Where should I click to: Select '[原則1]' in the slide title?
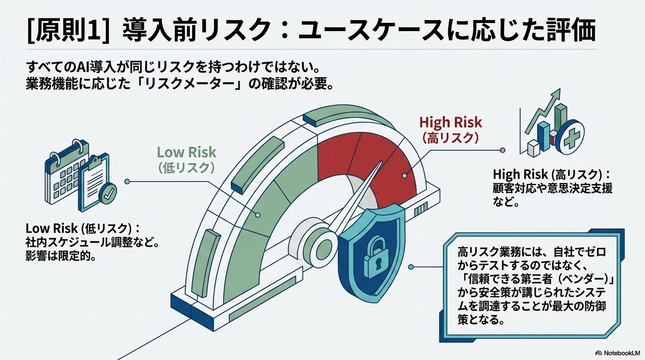tap(68, 30)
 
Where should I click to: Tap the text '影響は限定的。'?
tap(61, 256)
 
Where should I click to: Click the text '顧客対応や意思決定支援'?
tap(553, 188)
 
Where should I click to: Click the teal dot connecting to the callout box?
tap(411, 267)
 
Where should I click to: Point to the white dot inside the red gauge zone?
tap(405, 175)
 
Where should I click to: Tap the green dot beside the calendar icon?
tap(127, 181)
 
